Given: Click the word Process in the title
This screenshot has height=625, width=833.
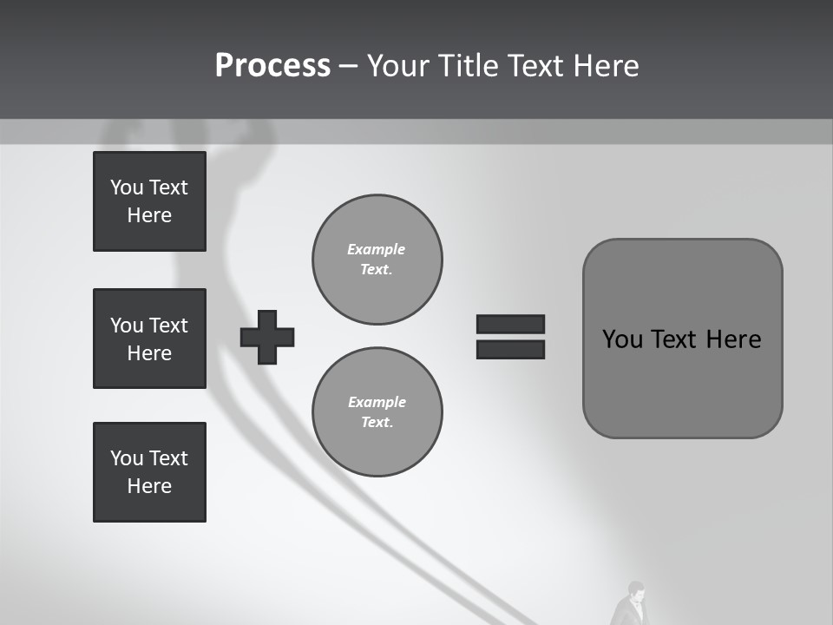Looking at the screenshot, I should [272, 66].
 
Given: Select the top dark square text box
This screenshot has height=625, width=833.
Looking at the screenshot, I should [149, 201].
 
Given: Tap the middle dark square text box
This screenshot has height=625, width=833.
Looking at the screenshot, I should [149, 339].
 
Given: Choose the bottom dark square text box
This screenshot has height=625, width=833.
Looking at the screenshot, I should [149, 472].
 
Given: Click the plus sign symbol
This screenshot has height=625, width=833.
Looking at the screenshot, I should [267, 337].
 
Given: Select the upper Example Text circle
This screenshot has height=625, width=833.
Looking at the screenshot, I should [377, 260].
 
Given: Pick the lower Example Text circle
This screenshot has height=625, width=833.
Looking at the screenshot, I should [377, 412].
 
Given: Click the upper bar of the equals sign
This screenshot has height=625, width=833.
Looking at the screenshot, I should [510, 324].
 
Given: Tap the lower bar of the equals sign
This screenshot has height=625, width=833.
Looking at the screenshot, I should [510, 349].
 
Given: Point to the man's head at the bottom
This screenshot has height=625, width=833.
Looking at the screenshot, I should [635, 589].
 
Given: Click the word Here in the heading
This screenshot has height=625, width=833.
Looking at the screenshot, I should [605, 66].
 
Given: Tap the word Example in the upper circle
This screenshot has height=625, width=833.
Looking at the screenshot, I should [377, 249].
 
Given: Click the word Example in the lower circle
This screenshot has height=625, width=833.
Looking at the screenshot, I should [377, 402].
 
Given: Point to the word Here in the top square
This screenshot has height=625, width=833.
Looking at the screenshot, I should [149, 215].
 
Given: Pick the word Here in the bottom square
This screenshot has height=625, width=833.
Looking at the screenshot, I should [149, 486].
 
